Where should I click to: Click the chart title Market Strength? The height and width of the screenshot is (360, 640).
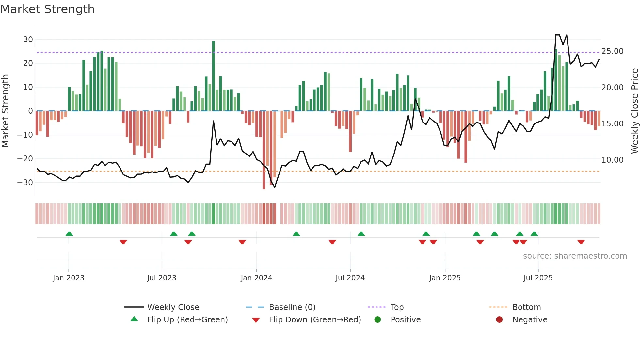point(47,9)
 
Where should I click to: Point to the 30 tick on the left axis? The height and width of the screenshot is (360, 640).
point(28,40)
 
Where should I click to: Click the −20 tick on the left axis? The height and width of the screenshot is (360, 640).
point(25,159)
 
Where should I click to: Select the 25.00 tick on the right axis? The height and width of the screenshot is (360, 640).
point(612,51)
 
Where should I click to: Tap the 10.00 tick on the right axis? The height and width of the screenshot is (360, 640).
point(612,160)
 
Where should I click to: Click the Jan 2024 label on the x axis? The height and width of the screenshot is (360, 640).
point(256,278)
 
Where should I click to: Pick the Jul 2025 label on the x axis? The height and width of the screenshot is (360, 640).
point(538,278)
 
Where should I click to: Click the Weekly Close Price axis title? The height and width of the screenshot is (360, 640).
point(634,111)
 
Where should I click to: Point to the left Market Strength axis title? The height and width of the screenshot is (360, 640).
point(6,111)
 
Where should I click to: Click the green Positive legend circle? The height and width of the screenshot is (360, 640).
point(377,320)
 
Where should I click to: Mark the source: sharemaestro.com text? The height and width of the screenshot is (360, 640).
point(575,256)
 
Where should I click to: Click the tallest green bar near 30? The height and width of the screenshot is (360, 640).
point(214,75)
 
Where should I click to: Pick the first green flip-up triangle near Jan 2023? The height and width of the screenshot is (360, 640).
point(69,234)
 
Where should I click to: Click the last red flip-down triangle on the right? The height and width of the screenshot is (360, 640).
point(581,242)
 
